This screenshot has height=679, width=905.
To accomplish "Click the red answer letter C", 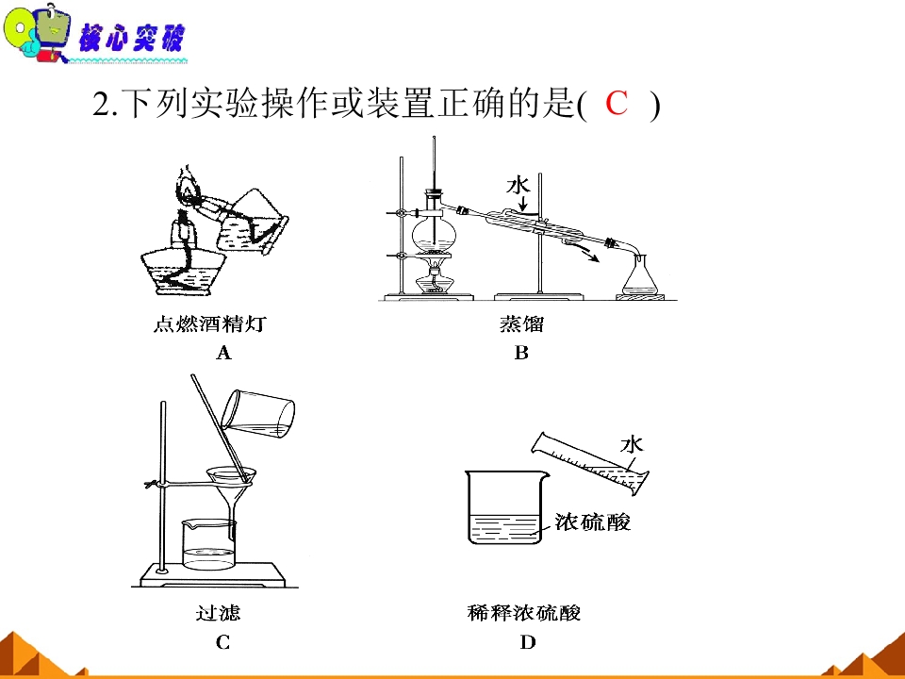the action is point(617,104).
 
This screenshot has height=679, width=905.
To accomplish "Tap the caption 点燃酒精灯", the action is point(209,323).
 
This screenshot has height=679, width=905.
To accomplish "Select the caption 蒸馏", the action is point(521,323).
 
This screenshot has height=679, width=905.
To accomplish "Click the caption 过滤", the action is point(218,613).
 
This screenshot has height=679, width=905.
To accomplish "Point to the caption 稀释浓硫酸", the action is point(523,613).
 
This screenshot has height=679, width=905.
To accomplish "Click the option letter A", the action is point(224,353).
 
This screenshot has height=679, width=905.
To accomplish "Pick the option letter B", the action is point(521,353).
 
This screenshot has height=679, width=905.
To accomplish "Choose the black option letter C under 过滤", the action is point(222,642).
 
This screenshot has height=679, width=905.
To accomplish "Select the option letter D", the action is point(528,642).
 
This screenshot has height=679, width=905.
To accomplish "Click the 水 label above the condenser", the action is point(518,186).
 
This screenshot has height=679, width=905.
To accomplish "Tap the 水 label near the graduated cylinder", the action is point(632,445).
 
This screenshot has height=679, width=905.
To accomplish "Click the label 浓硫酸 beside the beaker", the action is point(593,522).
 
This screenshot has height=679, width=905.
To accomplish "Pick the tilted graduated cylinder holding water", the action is point(590,463).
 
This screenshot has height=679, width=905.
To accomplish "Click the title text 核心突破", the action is point(131,38).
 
